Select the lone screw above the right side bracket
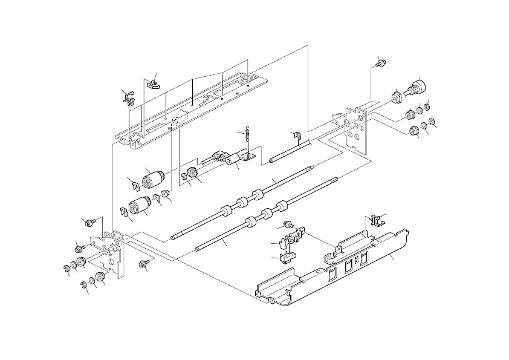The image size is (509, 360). tap(380, 62)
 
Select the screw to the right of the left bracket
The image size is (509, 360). tap(144, 264)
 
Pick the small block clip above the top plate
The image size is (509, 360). tap(152, 82)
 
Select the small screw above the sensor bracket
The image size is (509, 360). tap(289, 224)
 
